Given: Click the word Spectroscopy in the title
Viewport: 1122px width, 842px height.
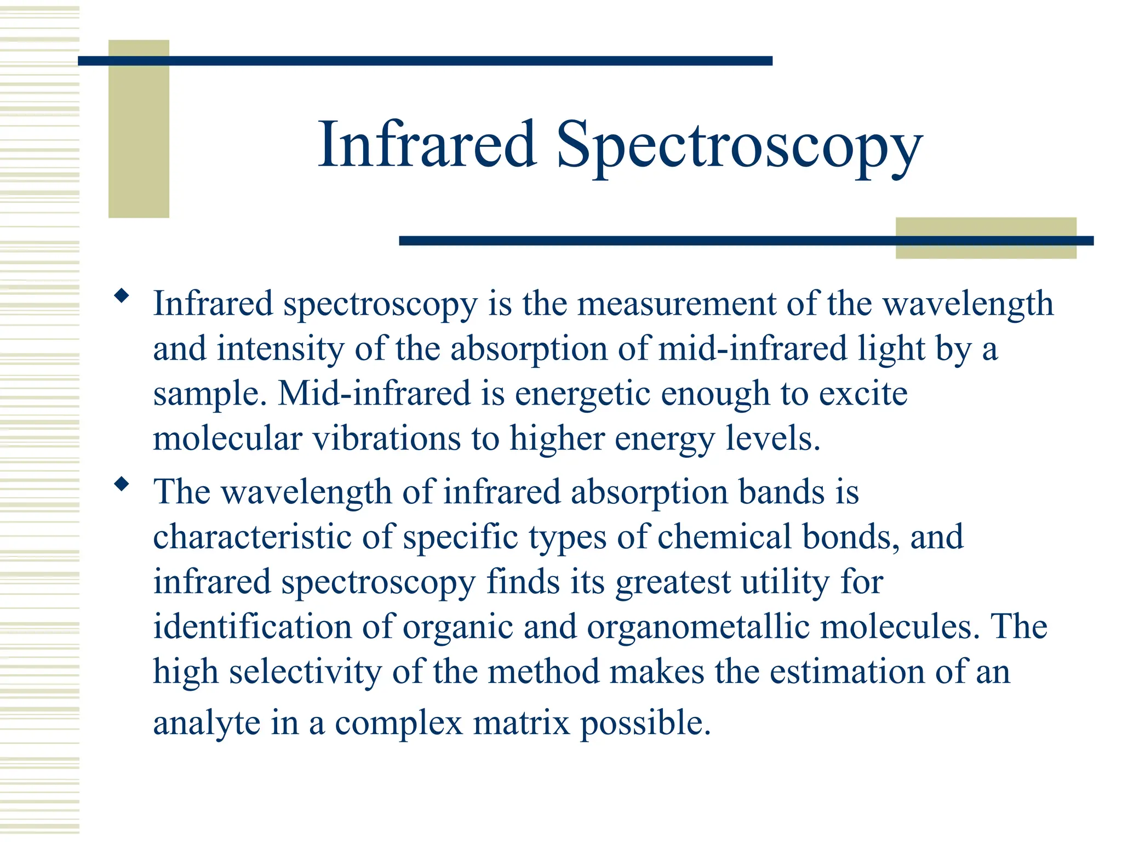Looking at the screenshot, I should (739, 146).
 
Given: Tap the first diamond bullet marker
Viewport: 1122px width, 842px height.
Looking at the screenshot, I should (121, 297).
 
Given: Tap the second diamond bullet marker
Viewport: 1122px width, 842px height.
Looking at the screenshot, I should (121, 484).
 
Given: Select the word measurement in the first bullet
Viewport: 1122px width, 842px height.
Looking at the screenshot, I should (677, 304).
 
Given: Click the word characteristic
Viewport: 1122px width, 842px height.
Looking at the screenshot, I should (252, 537).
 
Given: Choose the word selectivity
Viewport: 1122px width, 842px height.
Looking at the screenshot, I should (305, 672).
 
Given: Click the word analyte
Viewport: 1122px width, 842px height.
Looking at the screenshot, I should (207, 724).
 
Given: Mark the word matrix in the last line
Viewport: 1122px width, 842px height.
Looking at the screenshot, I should (522, 724).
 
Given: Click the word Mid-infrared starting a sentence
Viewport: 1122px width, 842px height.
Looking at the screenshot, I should (374, 394).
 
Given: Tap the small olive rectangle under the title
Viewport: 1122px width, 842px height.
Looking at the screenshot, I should (986, 238).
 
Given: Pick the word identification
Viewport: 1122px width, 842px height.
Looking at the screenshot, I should (252, 627).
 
